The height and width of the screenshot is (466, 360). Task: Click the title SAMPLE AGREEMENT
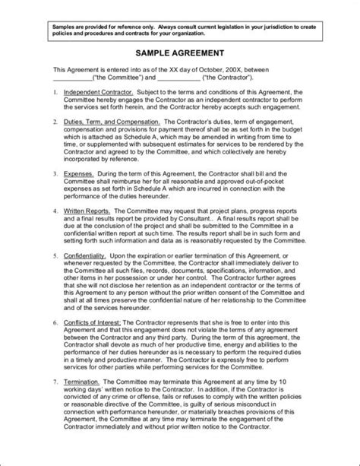[179, 54]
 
